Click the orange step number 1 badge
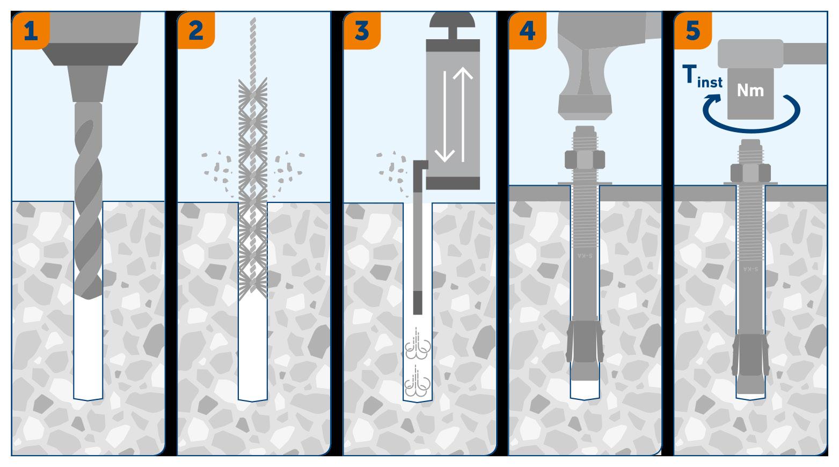click(x=31, y=31)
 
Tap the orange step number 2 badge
click(x=196, y=31)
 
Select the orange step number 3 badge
click(x=362, y=31)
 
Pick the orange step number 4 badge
click(x=527, y=31)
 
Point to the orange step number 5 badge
click(x=693, y=31)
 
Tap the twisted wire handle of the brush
click(x=253, y=49)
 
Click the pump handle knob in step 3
click(x=453, y=20)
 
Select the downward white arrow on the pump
click(x=444, y=116)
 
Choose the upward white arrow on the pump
click(x=463, y=114)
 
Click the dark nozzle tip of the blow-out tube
click(x=418, y=303)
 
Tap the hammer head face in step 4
click(x=585, y=107)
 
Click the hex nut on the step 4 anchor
click(x=585, y=160)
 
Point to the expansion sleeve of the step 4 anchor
click(x=585, y=341)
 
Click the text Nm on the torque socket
click(x=750, y=91)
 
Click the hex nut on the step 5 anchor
click(x=750, y=173)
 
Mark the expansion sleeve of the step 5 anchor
click(x=750, y=354)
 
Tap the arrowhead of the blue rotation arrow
click(x=712, y=99)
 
